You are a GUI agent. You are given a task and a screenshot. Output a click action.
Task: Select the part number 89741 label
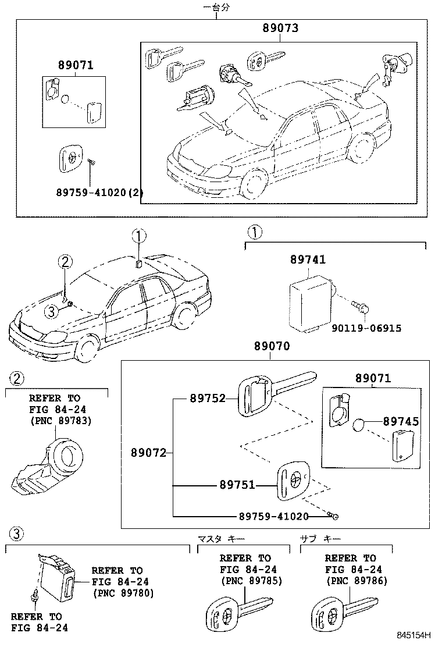[x=308, y=260]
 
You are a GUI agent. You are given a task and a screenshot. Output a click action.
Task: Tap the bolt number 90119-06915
[x=366, y=328]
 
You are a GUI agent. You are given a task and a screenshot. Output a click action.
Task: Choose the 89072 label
[x=148, y=452]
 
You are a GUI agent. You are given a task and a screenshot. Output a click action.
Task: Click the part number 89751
[x=237, y=484]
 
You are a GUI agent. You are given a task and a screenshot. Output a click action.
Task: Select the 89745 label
[x=401, y=421]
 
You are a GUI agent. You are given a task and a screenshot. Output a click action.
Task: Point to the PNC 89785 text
[x=251, y=580]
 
